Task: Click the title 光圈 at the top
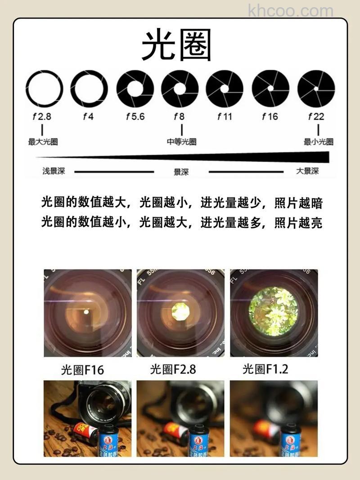pyautogui.click(x=176, y=46)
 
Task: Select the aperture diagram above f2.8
pyautogui.click(x=44, y=89)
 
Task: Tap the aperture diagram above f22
pyautogui.click(x=316, y=89)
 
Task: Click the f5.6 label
pyautogui.click(x=135, y=117)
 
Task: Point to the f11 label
pyautogui.click(x=225, y=117)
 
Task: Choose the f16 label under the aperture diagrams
pyautogui.click(x=270, y=117)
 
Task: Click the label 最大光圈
pyautogui.click(x=43, y=142)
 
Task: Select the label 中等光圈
pyautogui.click(x=181, y=142)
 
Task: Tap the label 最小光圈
pyautogui.click(x=319, y=142)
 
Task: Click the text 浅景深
pyautogui.click(x=54, y=171)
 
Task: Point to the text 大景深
pyautogui.click(x=307, y=171)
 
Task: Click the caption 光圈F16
pyautogui.click(x=82, y=370)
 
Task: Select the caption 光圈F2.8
pyautogui.click(x=173, y=370)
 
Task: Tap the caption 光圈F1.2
pyautogui.click(x=265, y=370)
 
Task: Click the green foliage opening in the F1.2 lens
pyautogui.click(x=273, y=311)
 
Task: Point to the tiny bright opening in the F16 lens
pyautogui.click(x=86, y=311)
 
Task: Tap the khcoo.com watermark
pyautogui.click(x=290, y=10)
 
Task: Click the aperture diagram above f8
pyautogui.click(x=180, y=89)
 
